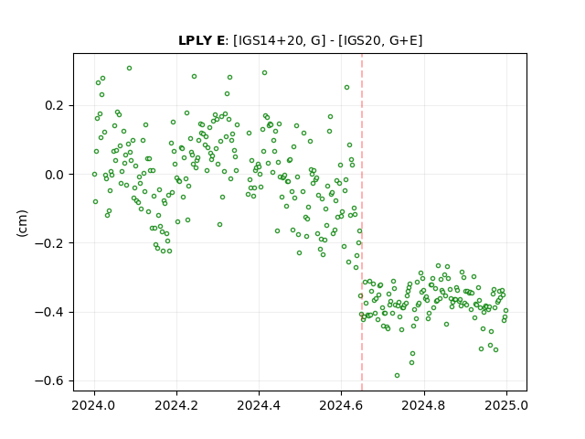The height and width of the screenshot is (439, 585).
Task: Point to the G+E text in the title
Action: click(x=403, y=40)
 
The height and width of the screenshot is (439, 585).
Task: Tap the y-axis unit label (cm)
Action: click(x=22, y=223)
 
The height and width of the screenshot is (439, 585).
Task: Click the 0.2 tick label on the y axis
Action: click(x=55, y=106)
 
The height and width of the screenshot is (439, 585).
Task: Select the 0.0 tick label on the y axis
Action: click(x=55, y=175)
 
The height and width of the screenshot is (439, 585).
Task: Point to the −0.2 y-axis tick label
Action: click(x=50, y=243)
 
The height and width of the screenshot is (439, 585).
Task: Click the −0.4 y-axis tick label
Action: click(x=50, y=312)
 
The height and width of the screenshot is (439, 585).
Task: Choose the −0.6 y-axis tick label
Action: click(x=50, y=380)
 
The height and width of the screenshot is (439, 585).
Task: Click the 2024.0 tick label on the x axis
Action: click(x=94, y=405)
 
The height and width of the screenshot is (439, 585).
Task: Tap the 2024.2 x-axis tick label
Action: click(x=176, y=405)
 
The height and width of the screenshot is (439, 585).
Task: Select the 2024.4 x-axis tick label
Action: click(x=259, y=405)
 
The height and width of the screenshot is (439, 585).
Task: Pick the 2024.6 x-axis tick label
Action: click(x=341, y=405)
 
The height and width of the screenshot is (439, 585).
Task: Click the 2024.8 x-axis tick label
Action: click(x=424, y=405)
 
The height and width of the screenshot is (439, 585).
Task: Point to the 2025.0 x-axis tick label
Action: click(x=506, y=405)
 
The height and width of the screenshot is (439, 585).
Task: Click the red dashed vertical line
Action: click(x=362, y=222)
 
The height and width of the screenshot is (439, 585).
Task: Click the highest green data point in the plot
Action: click(x=129, y=69)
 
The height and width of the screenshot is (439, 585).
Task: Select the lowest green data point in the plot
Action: click(x=397, y=376)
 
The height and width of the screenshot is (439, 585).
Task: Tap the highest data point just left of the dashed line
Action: click(x=346, y=88)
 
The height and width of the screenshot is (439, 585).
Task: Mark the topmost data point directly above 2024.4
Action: click(x=264, y=73)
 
